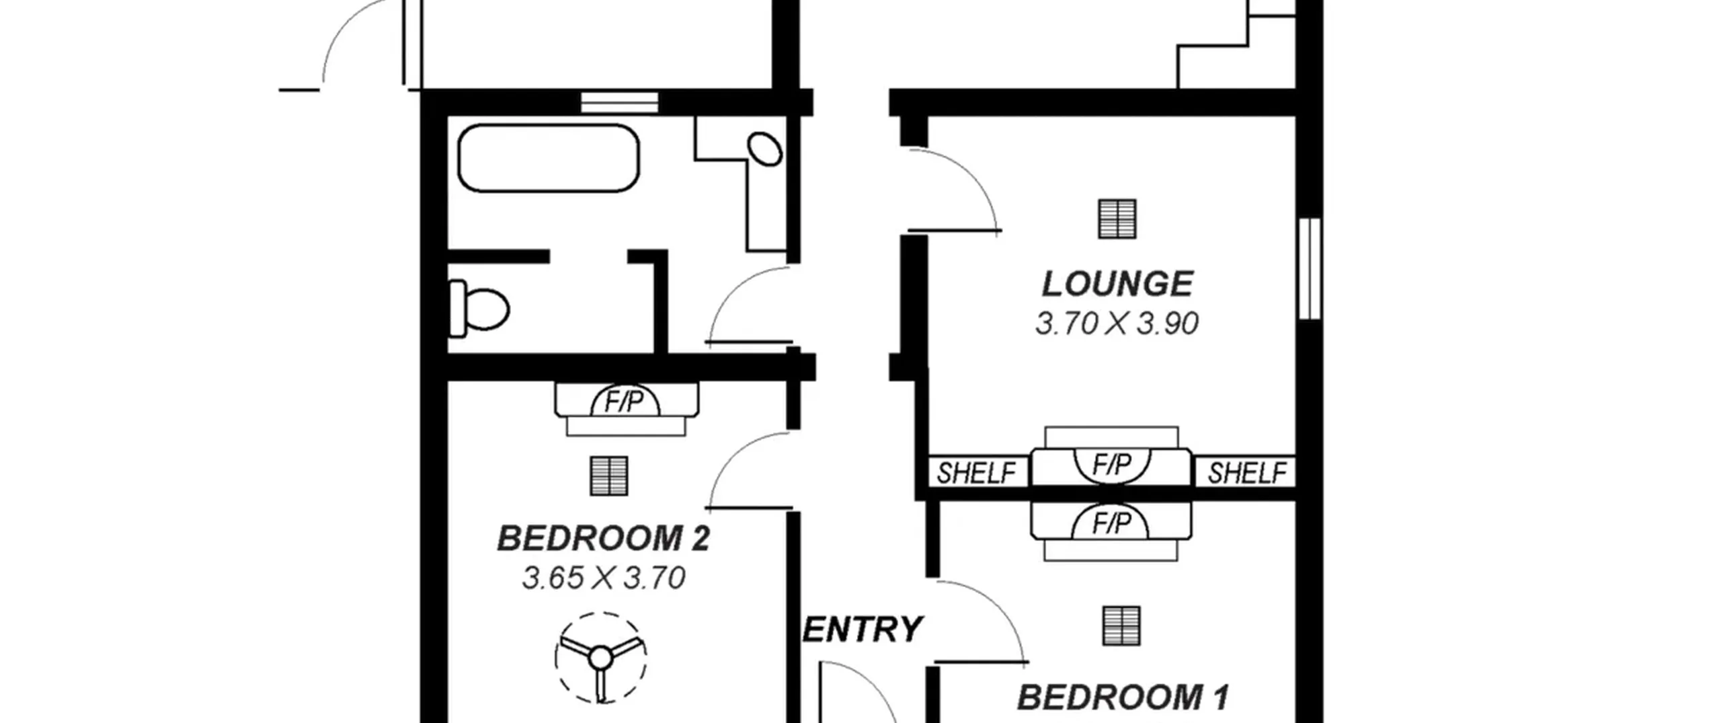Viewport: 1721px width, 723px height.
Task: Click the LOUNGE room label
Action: coord(1117,284)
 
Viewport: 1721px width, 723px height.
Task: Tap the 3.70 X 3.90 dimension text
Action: coord(1117,324)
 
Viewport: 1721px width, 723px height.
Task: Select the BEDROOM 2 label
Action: coord(603,539)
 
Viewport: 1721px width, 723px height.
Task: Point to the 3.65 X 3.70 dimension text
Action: coord(604,578)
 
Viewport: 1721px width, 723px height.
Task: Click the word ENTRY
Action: coord(863,630)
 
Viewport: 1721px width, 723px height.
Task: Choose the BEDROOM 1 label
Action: coord(1123,697)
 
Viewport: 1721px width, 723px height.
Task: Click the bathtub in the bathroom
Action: coord(549,158)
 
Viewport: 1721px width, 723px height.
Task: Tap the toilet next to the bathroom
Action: coord(479,309)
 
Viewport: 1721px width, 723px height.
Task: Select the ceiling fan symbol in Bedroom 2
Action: coord(600,657)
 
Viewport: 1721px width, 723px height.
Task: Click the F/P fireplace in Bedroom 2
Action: coord(626,409)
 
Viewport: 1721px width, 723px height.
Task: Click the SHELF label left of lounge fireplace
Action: coord(976,473)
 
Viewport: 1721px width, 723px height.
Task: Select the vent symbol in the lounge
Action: coord(1117,219)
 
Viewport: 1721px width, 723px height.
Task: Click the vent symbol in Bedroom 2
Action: coord(609,476)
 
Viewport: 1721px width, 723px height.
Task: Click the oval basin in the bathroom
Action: coord(765,149)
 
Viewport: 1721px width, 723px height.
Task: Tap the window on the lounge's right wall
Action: coord(1310,268)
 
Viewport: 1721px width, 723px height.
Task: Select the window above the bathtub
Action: coord(619,102)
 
